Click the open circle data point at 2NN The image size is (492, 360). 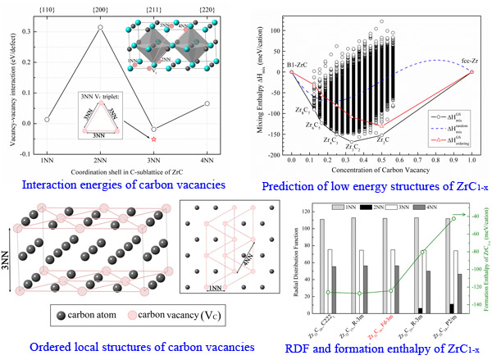coord(100,27)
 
